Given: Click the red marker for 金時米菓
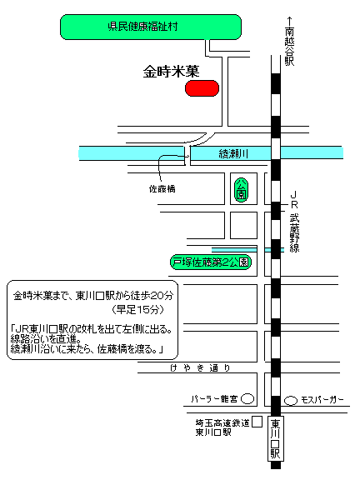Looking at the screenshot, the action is [202, 88].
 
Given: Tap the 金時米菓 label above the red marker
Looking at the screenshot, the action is [171, 72].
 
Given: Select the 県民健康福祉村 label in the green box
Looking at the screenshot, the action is [143, 27].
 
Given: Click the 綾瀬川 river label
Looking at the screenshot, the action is [233, 153].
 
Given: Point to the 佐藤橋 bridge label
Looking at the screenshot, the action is [162, 189].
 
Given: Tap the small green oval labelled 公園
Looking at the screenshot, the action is [241, 190].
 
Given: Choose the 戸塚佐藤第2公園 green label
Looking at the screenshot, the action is [211, 262].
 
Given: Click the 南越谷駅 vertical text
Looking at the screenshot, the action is [289, 47].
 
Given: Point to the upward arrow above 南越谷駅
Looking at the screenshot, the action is [289, 22].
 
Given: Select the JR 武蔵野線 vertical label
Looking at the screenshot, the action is [294, 222].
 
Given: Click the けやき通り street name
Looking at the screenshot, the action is [200, 367].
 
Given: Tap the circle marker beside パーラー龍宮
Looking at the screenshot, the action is [247, 399].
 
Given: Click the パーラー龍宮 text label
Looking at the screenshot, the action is [215, 399].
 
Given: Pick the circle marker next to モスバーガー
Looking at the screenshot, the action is [291, 401].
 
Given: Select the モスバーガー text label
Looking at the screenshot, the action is [322, 400].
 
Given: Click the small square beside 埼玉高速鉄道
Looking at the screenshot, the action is [257, 422].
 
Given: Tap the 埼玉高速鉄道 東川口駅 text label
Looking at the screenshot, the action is [222, 427].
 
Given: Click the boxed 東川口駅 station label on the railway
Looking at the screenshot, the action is [276, 438].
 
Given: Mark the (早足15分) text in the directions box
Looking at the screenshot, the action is [138, 310].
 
